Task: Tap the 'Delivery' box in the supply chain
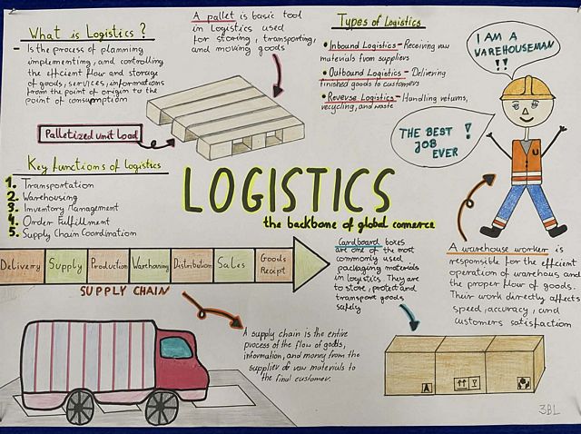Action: click(x=21, y=265)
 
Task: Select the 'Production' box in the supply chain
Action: click(x=108, y=265)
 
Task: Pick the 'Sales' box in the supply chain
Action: click(x=231, y=264)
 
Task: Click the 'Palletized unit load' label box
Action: click(x=88, y=134)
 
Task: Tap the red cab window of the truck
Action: click(x=175, y=348)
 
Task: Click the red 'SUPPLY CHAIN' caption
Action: click(x=123, y=291)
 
